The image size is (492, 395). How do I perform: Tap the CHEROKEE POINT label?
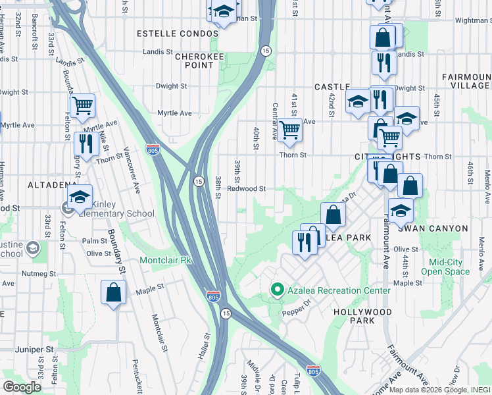coord(201,62)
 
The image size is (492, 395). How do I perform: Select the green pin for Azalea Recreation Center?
coord(278,290)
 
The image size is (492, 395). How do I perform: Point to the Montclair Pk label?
coord(165,261)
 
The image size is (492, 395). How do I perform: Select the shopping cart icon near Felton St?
coord(82,105)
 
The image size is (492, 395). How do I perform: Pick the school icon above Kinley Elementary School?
coord(80,197)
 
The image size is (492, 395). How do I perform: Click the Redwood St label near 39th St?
coord(246,188)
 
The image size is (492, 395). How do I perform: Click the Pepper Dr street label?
coord(297,309)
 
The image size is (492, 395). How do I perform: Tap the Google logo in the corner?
coord(22,387)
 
